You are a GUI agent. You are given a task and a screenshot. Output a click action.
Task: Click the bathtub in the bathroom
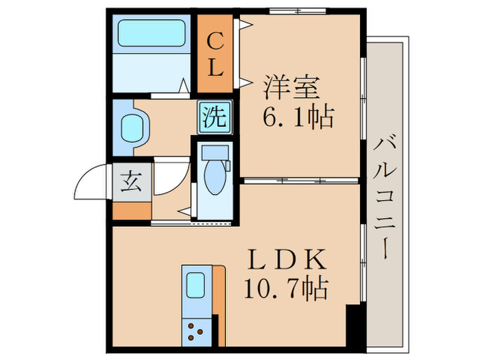(x=153, y=33)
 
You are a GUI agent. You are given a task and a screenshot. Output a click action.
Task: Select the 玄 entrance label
(x=131, y=182)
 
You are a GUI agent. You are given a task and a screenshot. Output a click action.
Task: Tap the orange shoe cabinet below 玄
(x=131, y=211)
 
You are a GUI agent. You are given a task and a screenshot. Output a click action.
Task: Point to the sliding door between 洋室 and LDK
(x=300, y=180)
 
